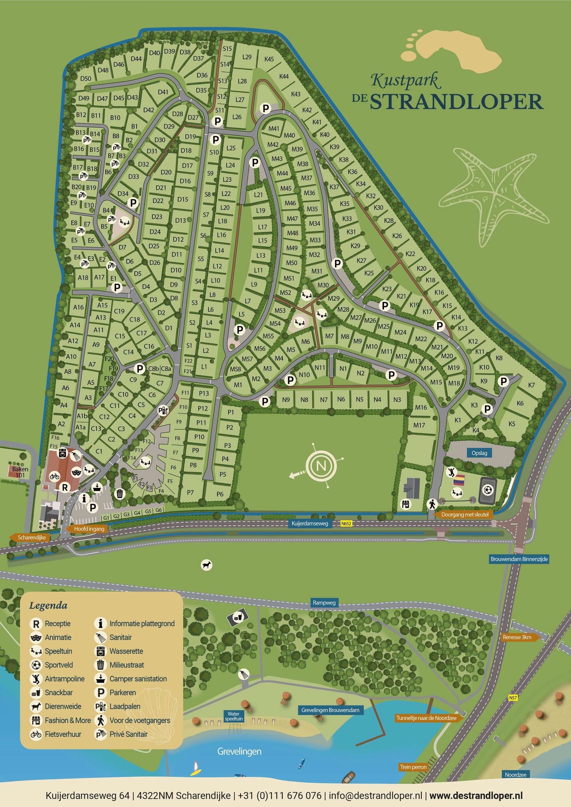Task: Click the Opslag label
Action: pyautogui.click(x=479, y=453)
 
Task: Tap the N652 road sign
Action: pyautogui.click(x=346, y=524)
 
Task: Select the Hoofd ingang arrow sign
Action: pyautogui.click(x=89, y=529)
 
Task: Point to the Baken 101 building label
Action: pyautogui.click(x=20, y=472)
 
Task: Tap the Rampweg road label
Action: pyautogui.click(x=324, y=602)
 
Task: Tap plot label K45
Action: pyautogui.click(x=269, y=59)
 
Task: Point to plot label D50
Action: pyautogui.click(x=85, y=79)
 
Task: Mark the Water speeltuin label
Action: pyautogui.click(x=234, y=716)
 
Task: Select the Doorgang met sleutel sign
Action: pyautogui.click(x=464, y=514)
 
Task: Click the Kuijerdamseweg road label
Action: pyautogui.click(x=309, y=524)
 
